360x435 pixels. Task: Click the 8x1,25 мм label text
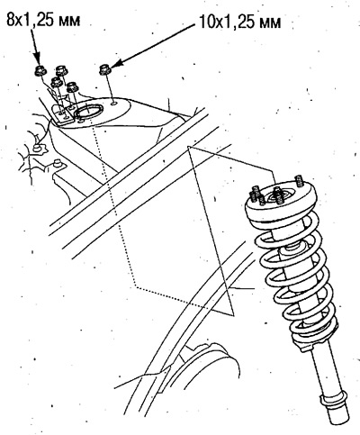pyautogui.click(x=43, y=20)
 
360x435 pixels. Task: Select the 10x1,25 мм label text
pyautogui.click(x=239, y=23)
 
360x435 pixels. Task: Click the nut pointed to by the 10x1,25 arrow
pyautogui.click(x=105, y=69)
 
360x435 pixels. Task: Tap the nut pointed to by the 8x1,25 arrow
pyautogui.click(x=40, y=70)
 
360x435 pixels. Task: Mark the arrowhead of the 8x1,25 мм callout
pyautogui.click(x=37, y=59)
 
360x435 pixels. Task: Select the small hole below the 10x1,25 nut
pyautogui.click(x=114, y=104)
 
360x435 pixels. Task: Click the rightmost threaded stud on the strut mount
pyautogui.click(x=299, y=181)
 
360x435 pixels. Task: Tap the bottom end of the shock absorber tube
pyautogui.click(x=338, y=418)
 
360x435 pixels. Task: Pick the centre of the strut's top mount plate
pyautogui.click(x=278, y=196)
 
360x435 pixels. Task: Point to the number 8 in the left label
pyautogui.click(x=10, y=20)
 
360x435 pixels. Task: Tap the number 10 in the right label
pyautogui.click(x=206, y=23)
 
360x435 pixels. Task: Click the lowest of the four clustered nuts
pyautogui.click(x=72, y=87)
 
